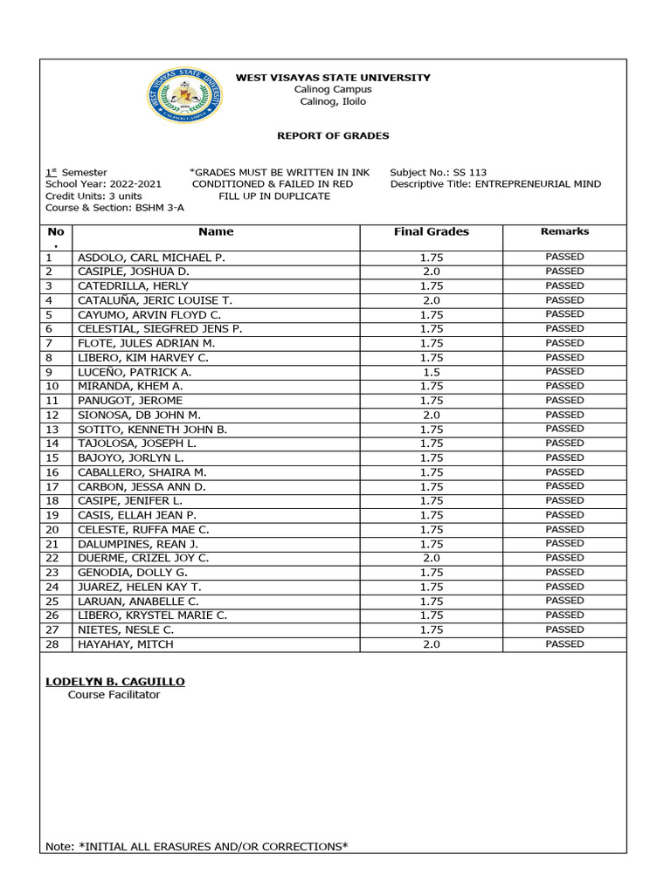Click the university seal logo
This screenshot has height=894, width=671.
183,97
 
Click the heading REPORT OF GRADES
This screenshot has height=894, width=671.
333,136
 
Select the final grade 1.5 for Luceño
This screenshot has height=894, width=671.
431,372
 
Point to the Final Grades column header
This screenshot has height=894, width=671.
431,232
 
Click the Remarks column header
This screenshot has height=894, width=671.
564,232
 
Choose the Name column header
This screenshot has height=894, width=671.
216,232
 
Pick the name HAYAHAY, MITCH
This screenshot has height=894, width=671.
126,644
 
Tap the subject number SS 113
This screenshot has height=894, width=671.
470,173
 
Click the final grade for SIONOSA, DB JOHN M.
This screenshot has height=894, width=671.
431,416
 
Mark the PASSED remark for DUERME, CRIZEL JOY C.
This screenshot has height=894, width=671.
564,558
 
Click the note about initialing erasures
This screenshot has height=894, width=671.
197,846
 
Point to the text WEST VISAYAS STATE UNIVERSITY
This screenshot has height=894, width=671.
333,78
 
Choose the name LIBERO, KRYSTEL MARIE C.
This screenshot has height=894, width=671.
153,615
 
